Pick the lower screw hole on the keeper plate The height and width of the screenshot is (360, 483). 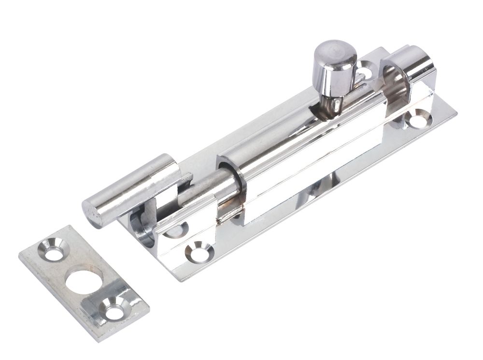(x=114, y=309)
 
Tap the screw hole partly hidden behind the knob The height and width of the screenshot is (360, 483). (x=363, y=72)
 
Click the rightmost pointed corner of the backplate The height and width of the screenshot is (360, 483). (x=456, y=113)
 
